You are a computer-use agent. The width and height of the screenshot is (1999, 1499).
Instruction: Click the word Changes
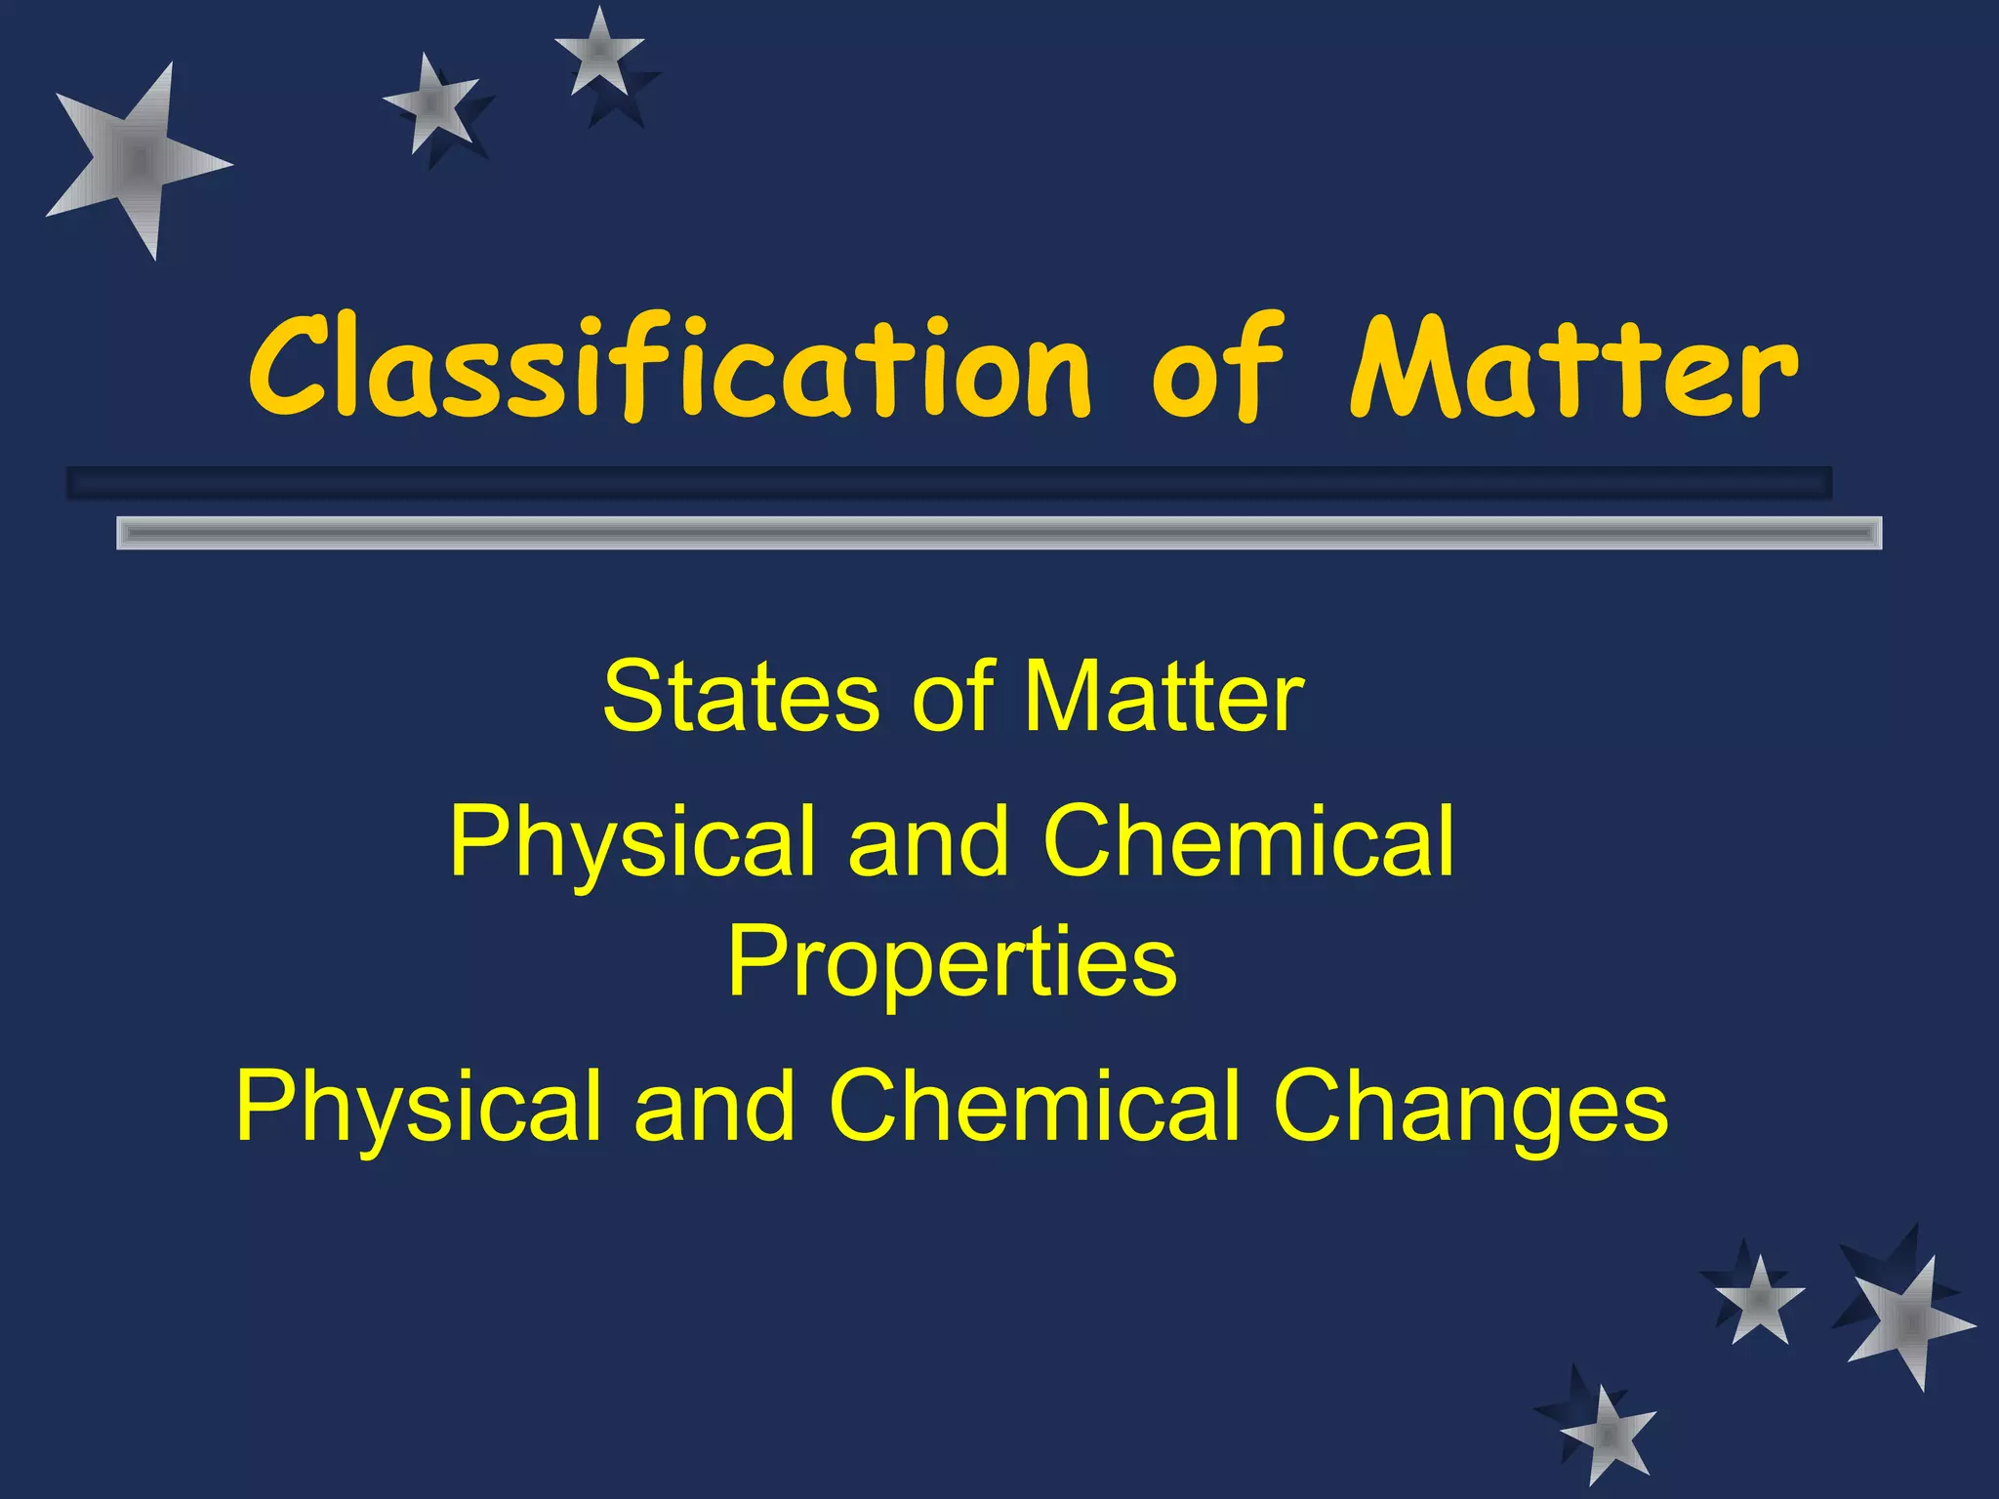pyautogui.click(x=1471, y=1106)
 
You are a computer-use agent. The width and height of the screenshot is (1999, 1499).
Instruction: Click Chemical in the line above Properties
pyautogui.click(x=1249, y=841)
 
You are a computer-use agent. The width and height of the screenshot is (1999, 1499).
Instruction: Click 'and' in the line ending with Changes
pyautogui.click(x=715, y=1106)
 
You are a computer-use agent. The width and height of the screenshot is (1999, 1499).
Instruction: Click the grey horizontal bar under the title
pyautogui.click(x=999, y=533)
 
